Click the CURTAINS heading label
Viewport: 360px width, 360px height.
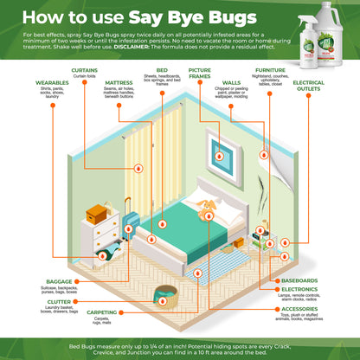tap(84, 69)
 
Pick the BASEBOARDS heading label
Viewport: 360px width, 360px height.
tap(299, 280)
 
